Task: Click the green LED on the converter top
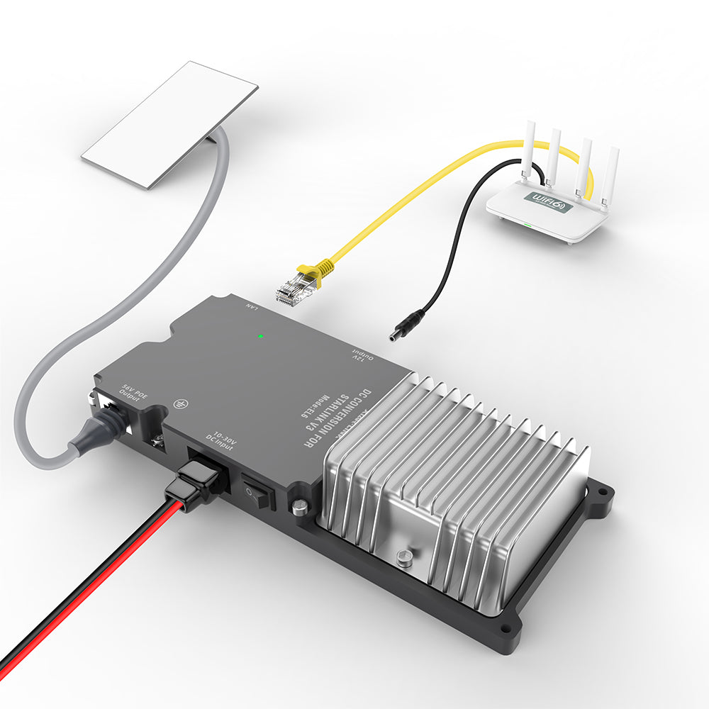coord(262,335)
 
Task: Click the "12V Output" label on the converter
coord(360,355)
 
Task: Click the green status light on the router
coord(526,226)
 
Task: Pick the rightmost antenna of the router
coord(610,177)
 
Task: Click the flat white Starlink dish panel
coord(169,123)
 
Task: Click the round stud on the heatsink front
coord(406,559)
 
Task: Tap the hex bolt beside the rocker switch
coord(301,506)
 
